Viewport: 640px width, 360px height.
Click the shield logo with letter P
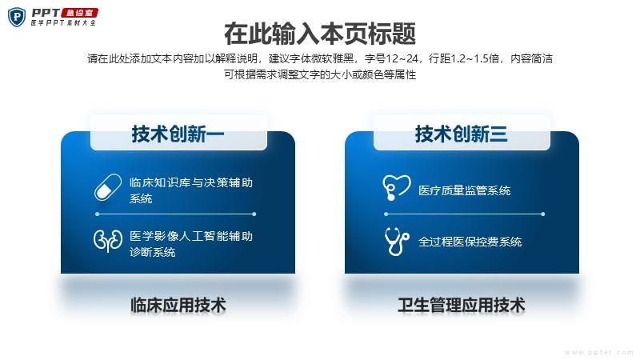(x=17, y=17)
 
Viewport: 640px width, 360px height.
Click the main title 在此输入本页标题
(x=320, y=34)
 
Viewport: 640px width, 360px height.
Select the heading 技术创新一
(x=178, y=134)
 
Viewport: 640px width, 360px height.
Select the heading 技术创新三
(x=462, y=134)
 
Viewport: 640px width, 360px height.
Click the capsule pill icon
(x=108, y=187)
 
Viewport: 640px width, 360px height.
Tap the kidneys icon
(x=108, y=240)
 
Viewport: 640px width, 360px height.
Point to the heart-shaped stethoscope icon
(x=396, y=187)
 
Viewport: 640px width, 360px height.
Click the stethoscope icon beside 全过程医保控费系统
(x=396, y=242)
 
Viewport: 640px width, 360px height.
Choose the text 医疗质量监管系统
(x=465, y=190)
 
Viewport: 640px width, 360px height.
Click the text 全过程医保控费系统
(x=470, y=242)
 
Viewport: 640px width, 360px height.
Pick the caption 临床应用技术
(x=178, y=306)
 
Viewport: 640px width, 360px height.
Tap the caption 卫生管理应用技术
(x=462, y=306)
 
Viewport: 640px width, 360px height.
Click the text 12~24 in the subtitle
(x=402, y=58)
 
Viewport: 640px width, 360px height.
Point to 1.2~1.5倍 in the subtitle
(x=474, y=58)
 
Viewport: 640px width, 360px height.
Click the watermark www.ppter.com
(x=598, y=352)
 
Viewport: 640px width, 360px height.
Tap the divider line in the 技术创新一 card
(x=175, y=214)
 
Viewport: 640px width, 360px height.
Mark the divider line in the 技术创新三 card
(x=465, y=214)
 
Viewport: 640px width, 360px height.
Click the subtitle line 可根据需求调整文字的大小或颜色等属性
(x=320, y=74)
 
